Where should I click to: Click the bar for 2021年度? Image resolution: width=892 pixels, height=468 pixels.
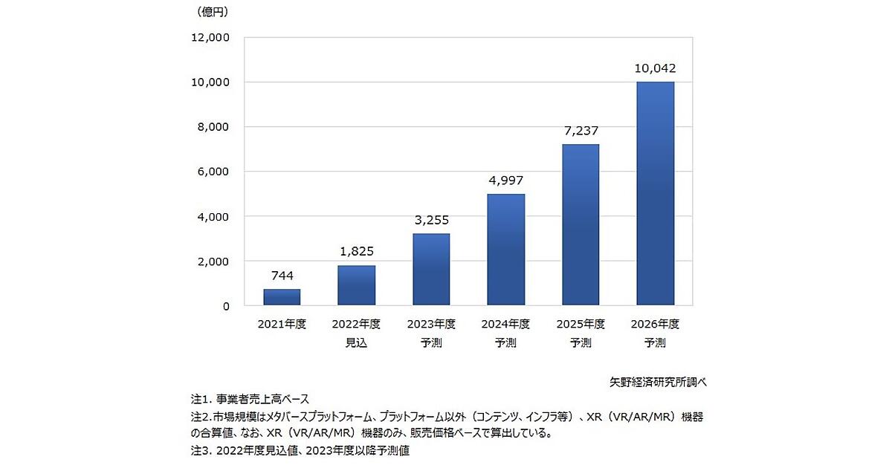[282, 297]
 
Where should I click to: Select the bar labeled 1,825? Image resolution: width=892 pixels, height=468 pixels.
[356, 285]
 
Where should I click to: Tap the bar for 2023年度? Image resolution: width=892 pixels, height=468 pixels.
[431, 270]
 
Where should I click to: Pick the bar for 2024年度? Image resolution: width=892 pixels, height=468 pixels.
[505, 250]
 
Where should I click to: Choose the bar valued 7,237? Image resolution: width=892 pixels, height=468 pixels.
[580, 224]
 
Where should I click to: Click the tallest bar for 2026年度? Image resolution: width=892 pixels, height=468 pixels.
[655, 193]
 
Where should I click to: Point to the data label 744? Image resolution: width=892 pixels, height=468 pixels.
[282, 276]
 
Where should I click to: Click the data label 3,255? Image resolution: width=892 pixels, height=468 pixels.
[431, 220]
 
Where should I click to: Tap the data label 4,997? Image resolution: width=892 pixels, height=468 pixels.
[505, 181]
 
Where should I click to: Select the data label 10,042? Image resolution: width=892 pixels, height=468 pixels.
[655, 68]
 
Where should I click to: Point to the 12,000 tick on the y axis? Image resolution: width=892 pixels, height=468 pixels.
[212, 37]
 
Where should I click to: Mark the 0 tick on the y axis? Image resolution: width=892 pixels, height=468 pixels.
[226, 306]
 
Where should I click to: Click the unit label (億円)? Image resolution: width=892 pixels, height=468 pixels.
[213, 12]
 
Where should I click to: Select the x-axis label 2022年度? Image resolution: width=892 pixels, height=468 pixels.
[356, 325]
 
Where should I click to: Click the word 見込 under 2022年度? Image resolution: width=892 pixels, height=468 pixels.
[356, 342]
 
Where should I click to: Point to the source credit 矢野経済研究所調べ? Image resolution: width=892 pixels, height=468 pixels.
[656, 382]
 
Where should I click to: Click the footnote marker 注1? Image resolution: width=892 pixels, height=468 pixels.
[201, 399]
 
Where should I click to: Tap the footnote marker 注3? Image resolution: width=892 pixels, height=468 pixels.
[201, 450]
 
